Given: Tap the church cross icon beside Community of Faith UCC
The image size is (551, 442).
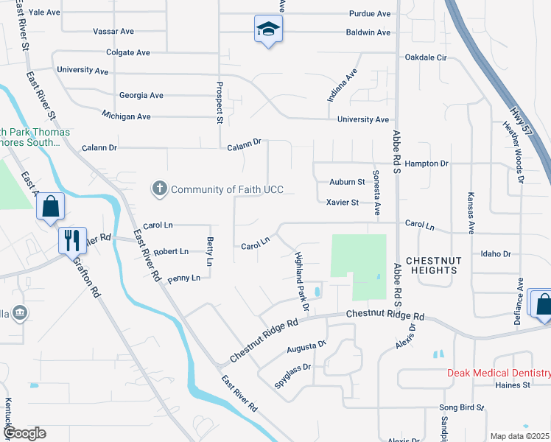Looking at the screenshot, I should click(158, 189).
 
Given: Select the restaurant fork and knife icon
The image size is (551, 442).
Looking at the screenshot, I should click(71, 239).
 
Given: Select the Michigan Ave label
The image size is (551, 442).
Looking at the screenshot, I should click(126, 116).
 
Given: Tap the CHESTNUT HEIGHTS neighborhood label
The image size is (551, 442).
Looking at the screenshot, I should click(432, 265).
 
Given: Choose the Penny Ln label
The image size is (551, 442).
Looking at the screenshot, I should click(183, 278).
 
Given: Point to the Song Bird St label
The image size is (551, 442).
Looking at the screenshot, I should click(461, 407).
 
